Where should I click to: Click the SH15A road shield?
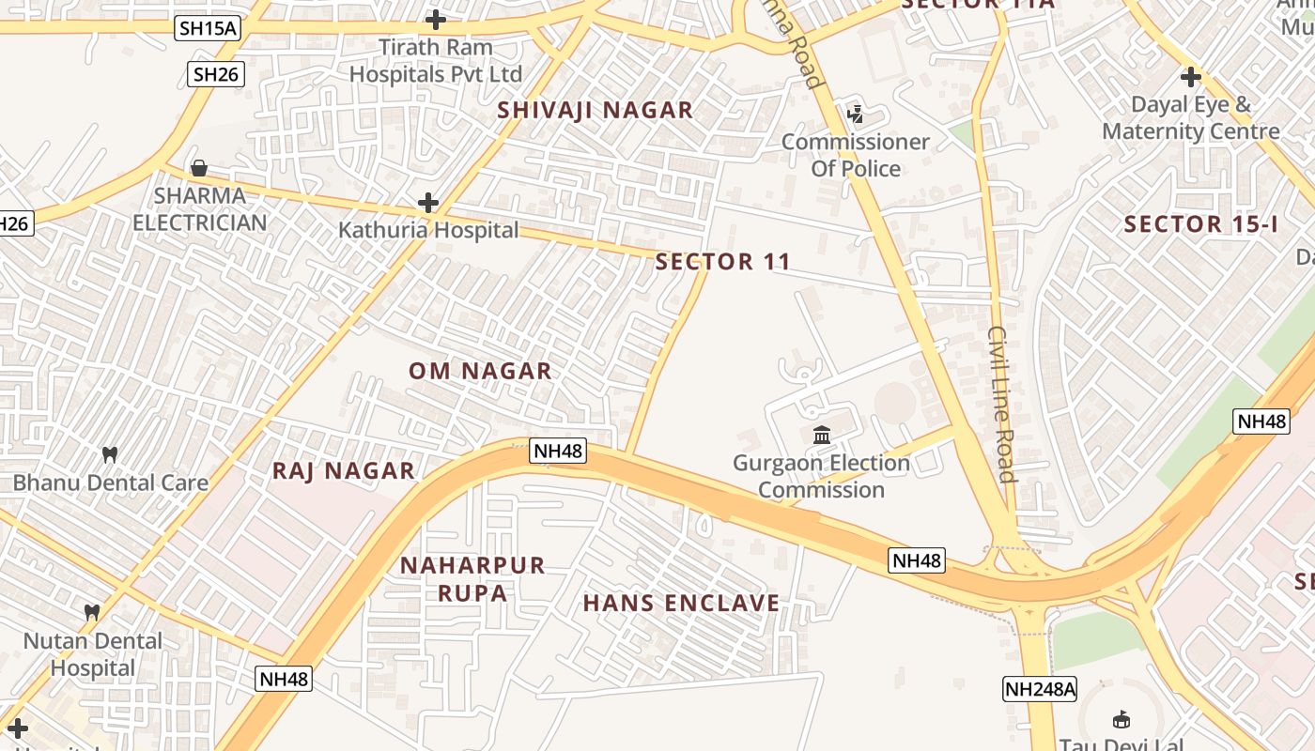click(x=208, y=28)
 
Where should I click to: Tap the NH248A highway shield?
click(x=1040, y=689)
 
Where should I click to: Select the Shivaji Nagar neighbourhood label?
click(x=596, y=110)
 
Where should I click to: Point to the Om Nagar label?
click(x=480, y=371)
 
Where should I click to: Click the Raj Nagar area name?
click(x=343, y=471)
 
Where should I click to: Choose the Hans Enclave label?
click(x=681, y=603)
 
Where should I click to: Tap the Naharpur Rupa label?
click(x=472, y=579)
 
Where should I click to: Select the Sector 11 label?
click(x=723, y=262)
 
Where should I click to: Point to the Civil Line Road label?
click(x=1002, y=404)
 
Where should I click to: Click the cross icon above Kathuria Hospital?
click(x=428, y=203)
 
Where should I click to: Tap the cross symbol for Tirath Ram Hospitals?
click(x=436, y=19)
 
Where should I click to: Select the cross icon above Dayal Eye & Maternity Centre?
click(x=1191, y=77)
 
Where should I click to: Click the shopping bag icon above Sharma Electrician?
click(x=199, y=169)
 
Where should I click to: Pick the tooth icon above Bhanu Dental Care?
click(x=110, y=455)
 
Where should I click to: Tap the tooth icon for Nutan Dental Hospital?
click(x=92, y=612)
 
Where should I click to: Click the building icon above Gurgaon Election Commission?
click(x=822, y=436)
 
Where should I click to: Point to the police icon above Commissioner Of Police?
click(x=855, y=115)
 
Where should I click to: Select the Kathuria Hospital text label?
click(x=428, y=230)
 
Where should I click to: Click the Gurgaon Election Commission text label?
click(x=822, y=476)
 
